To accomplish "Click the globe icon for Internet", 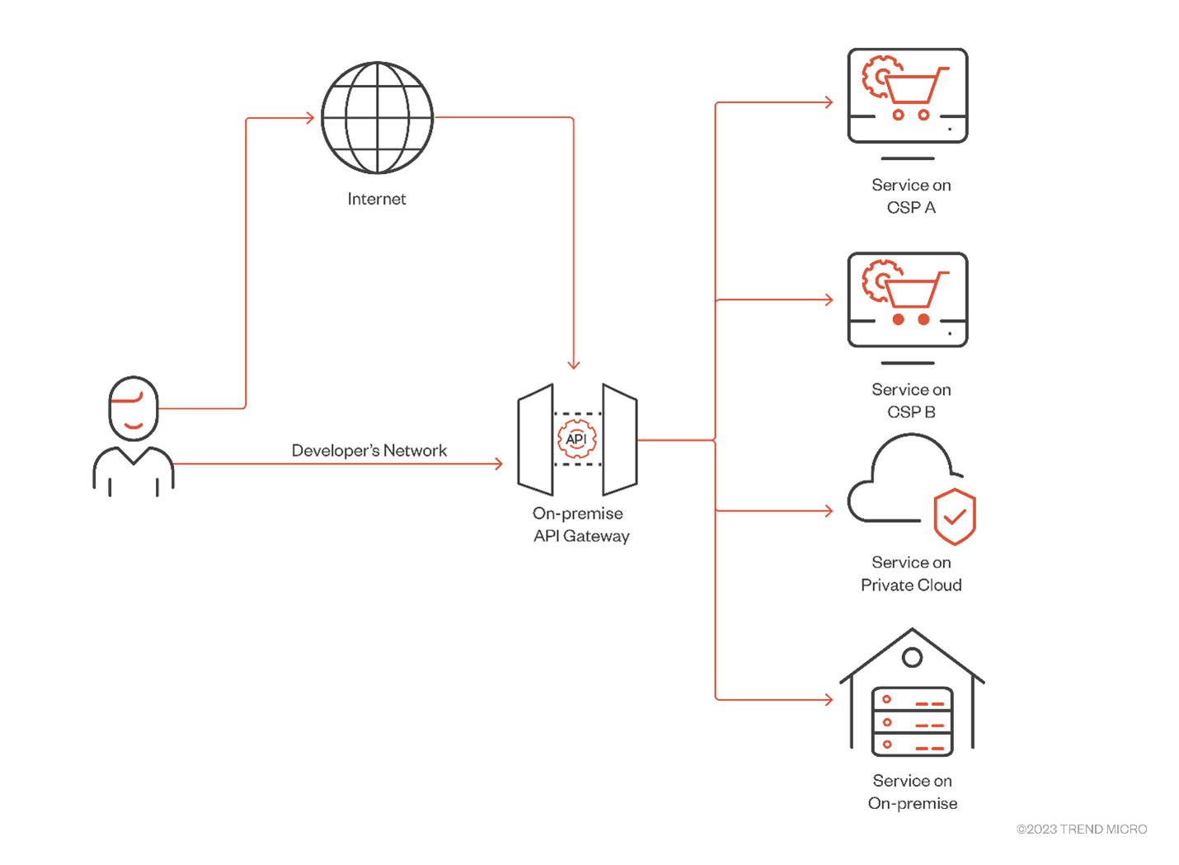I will coord(377,118).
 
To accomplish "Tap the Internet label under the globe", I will coord(377,199).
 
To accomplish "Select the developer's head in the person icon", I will coord(134,408).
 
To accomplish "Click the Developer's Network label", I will coord(369,450).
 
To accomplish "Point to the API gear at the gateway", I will coord(576,439).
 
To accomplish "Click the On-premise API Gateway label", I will coord(580,524).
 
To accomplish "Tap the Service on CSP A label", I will coord(911,196).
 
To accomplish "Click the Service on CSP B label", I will coord(911,401).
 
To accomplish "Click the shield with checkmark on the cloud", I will coord(955,516).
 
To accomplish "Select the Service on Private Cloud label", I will coord(911,574).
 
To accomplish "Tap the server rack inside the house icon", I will coord(912,722).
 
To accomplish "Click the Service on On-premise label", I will coord(912,792).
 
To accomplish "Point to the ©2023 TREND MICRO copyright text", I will coord(1081,830).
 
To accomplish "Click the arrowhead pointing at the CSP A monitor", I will coord(829,102).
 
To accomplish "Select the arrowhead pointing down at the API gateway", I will coord(574,364).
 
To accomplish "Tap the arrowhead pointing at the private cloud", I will coord(829,511).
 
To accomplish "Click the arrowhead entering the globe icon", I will coord(310,118).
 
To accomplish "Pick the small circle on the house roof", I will coord(912,658).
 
